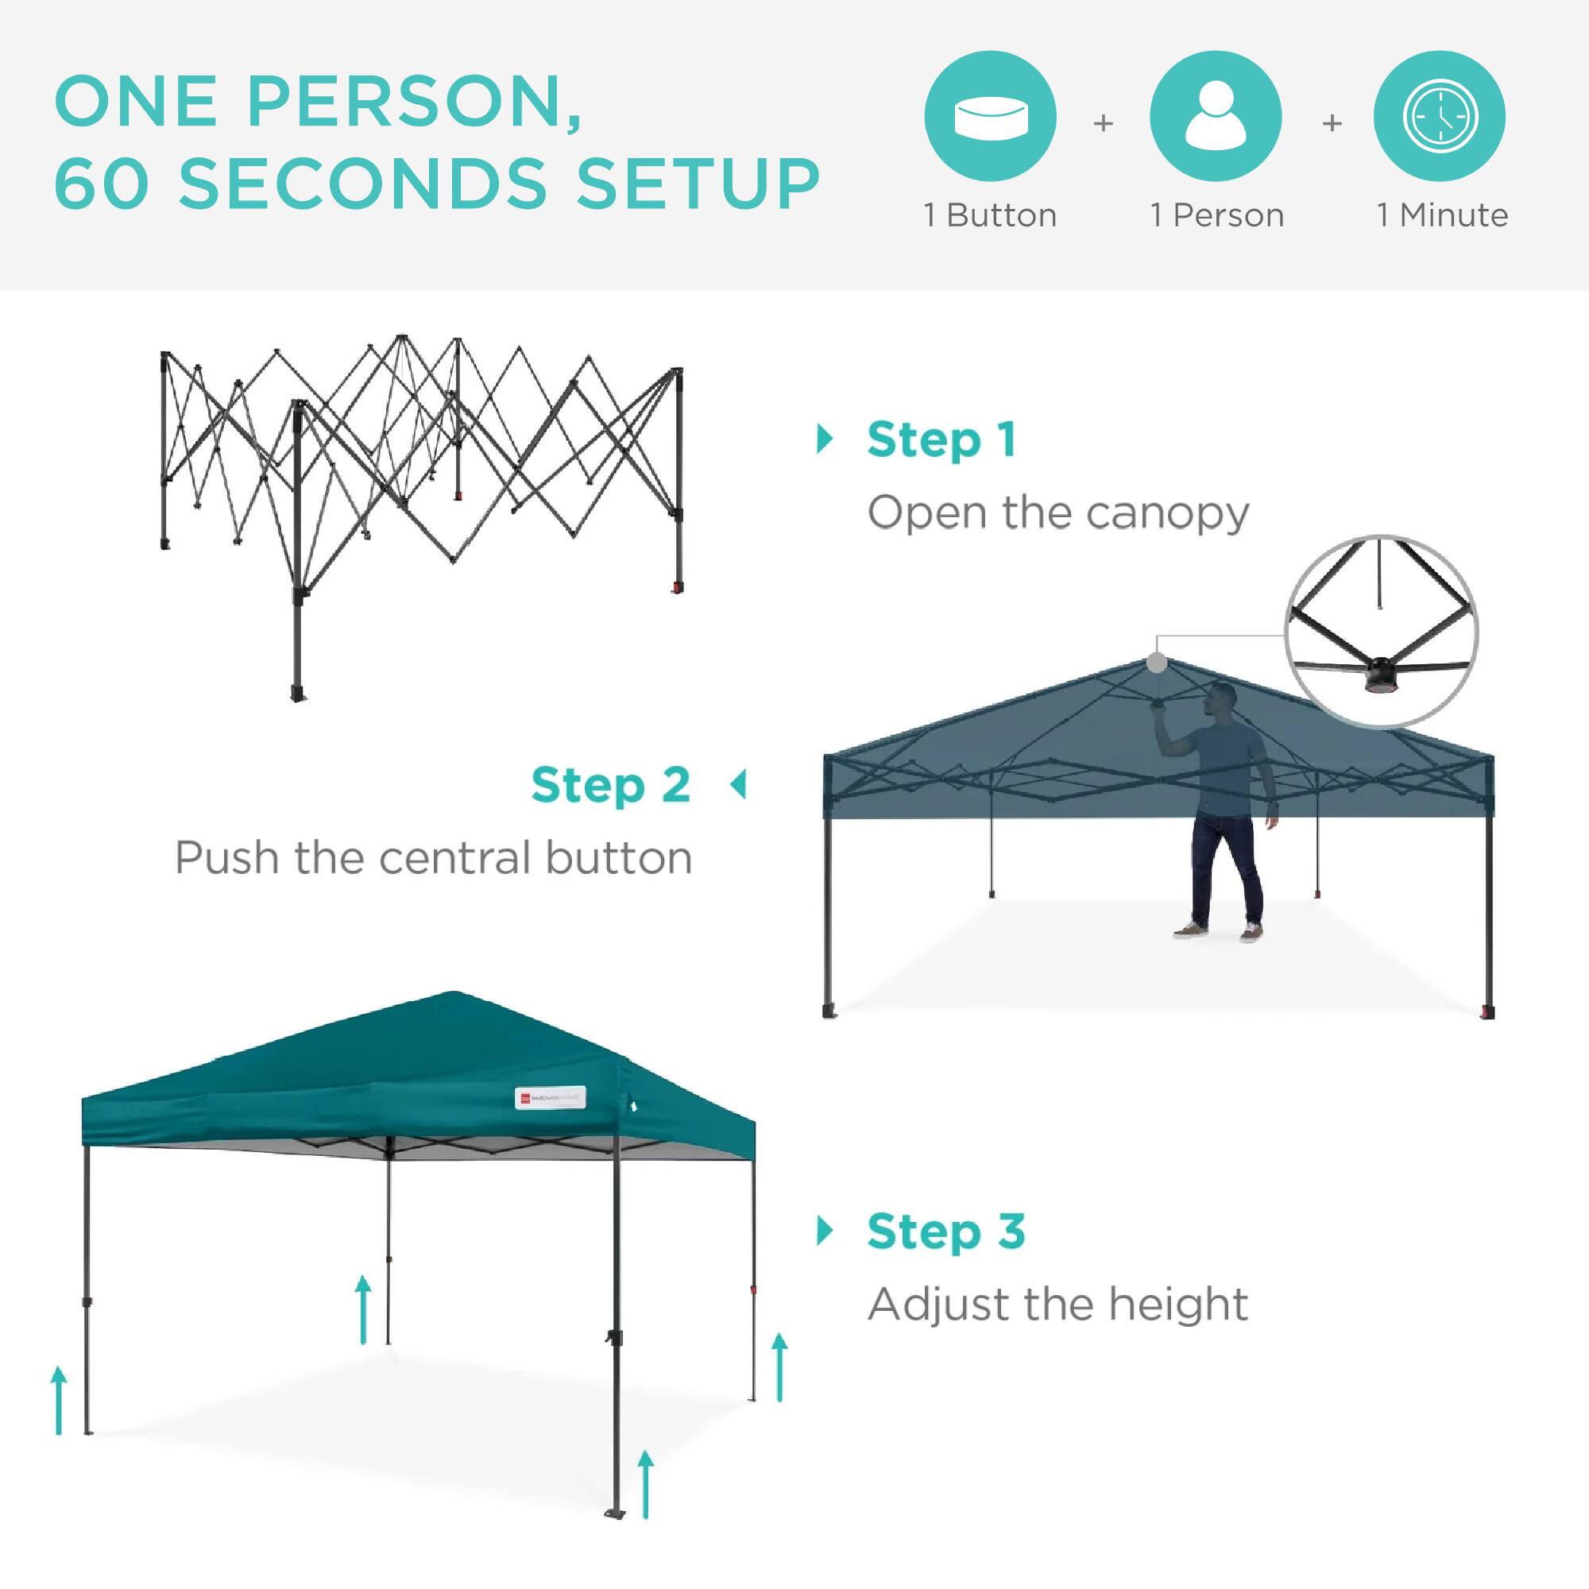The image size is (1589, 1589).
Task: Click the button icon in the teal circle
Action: point(990,116)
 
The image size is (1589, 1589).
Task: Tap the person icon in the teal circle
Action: point(1216,116)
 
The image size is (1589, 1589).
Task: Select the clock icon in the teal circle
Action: point(1440,116)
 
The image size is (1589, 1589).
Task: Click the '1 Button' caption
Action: point(990,215)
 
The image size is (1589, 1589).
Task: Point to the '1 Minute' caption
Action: point(1443,215)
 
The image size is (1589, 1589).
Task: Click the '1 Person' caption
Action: point(1217,215)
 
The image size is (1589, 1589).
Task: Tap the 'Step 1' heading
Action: point(941,440)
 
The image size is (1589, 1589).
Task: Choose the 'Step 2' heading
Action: point(610,786)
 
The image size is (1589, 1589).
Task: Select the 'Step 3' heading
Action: point(945,1231)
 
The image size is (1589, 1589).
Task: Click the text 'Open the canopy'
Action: point(1057,513)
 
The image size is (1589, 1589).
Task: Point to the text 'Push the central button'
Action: point(434,858)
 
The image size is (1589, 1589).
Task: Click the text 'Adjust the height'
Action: point(1057,1304)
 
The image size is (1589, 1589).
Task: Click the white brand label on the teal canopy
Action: point(551,1098)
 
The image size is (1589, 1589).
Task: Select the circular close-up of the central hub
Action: point(1381,632)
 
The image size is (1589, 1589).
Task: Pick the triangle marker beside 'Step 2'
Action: point(739,785)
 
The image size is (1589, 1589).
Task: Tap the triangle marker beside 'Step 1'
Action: point(825,439)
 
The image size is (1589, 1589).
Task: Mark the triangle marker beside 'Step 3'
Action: point(825,1231)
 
